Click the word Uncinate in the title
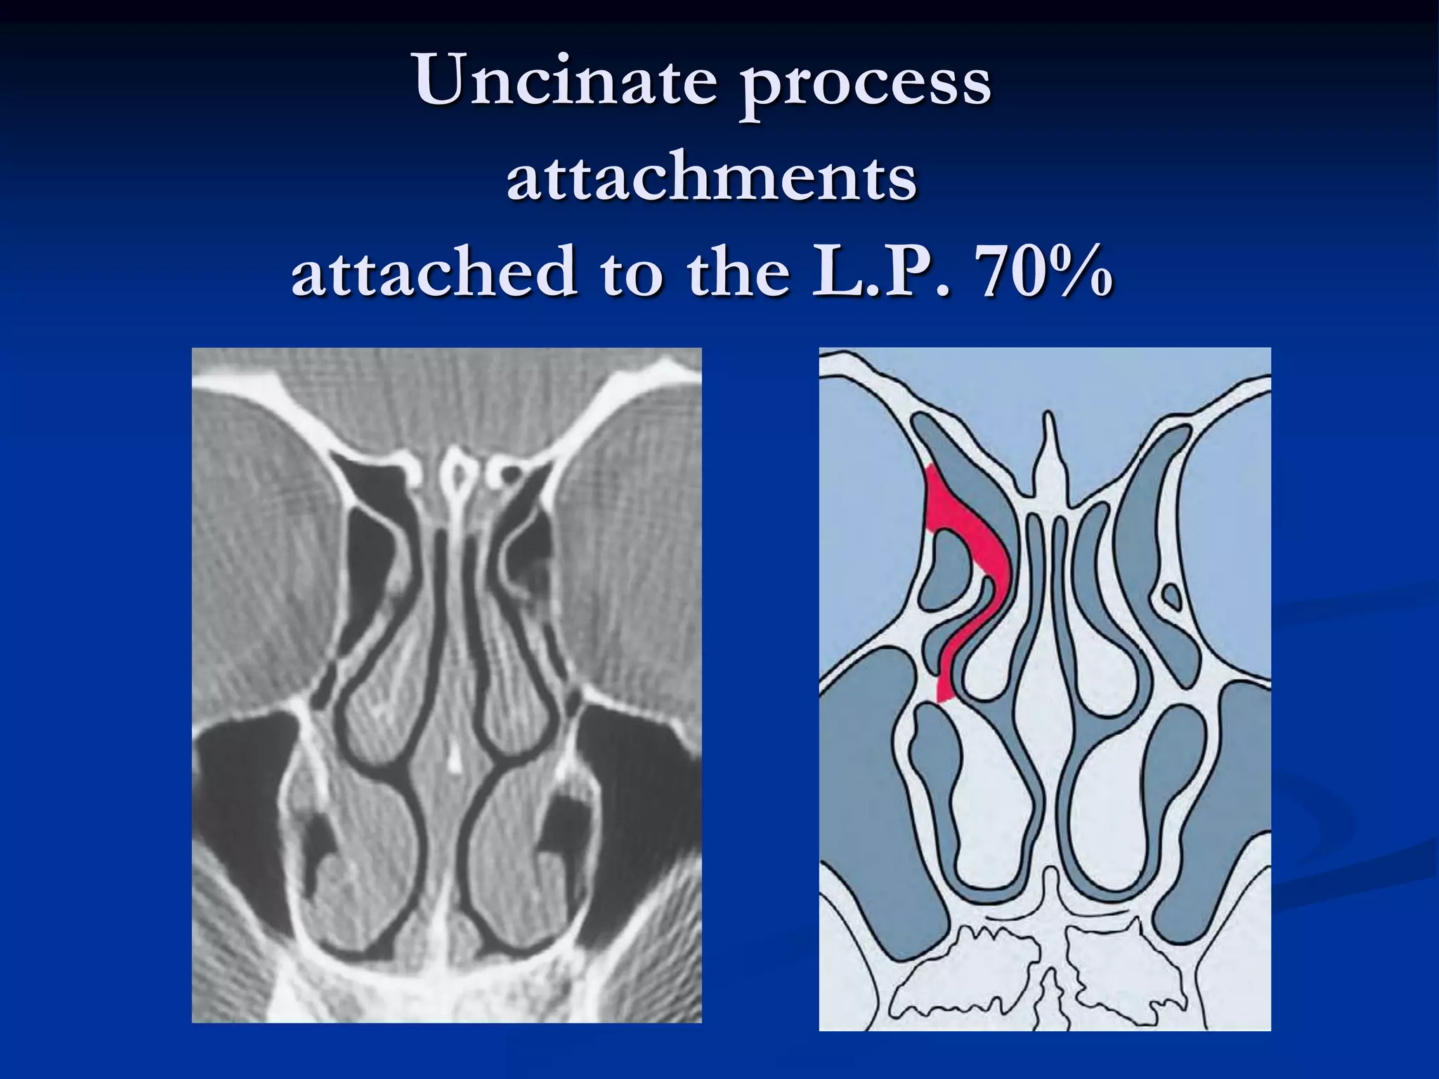[565, 81]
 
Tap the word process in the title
[866, 84]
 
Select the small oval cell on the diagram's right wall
[1171, 597]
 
